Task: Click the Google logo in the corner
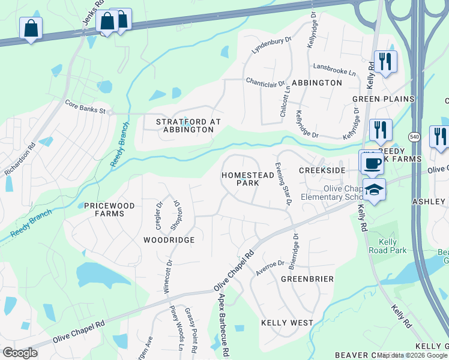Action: click(x=20, y=353)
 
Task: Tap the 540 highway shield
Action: click(x=414, y=137)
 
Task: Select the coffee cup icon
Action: click(x=372, y=163)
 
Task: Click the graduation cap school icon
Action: click(x=375, y=190)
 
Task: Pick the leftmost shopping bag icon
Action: click(x=31, y=28)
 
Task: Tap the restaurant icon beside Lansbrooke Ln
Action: click(x=384, y=61)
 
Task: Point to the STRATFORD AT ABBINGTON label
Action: click(x=188, y=126)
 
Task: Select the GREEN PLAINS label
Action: click(x=383, y=99)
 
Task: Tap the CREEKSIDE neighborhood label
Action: click(x=322, y=170)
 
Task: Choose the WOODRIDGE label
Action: click(x=169, y=240)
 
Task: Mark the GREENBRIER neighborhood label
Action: click(x=307, y=280)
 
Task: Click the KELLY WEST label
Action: click(x=287, y=323)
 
